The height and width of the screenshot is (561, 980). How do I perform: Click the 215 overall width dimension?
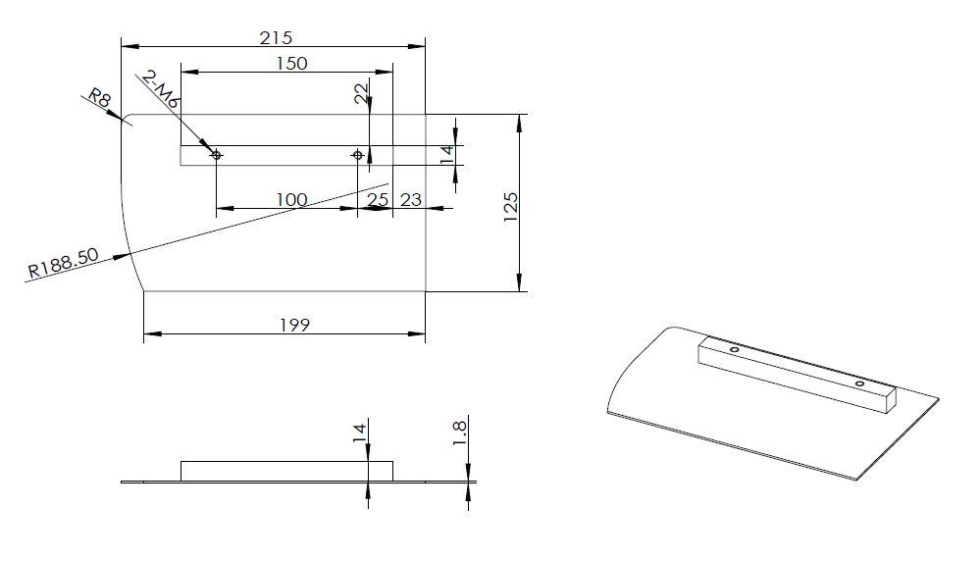[x=276, y=38]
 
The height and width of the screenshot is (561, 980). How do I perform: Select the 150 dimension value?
[x=292, y=63]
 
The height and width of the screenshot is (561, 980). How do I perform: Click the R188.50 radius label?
[x=63, y=263]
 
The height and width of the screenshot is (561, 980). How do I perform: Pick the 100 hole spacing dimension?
[x=292, y=199]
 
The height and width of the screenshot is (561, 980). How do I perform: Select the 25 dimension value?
[x=378, y=199]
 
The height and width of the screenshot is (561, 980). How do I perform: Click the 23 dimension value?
[x=411, y=199]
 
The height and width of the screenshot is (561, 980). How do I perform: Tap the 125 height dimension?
[x=511, y=207]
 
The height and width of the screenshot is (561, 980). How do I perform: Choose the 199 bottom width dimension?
[x=294, y=325]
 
